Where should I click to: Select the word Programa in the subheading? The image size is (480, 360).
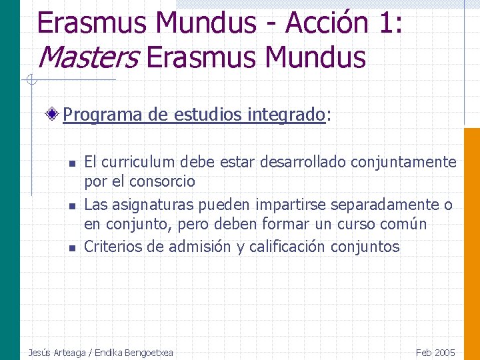pos(103,115)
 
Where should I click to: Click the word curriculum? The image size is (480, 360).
pos(131,162)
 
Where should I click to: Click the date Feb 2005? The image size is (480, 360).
pos(435,353)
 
